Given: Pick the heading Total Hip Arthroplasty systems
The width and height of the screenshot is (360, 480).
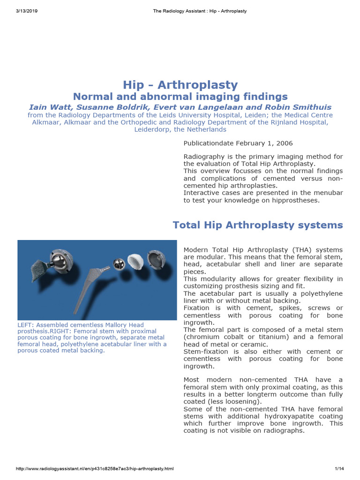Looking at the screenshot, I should pyautogui.click(x=258, y=225).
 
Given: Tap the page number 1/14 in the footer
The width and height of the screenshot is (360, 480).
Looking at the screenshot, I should pyautogui.click(x=339, y=469).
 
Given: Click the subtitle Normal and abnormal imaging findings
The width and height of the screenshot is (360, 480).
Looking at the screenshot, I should pyautogui.click(x=180, y=97).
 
